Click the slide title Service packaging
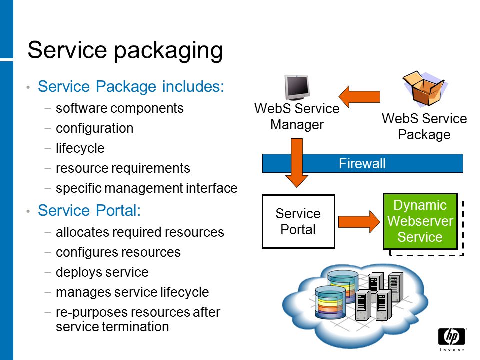click(x=125, y=50)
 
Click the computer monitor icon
click(x=297, y=88)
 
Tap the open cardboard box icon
click(x=424, y=88)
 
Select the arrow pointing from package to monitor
click(x=359, y=97)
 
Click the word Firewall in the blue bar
click(x=362, y=164)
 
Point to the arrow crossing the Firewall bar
click(x=296, y=163)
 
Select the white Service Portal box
click(x=298, y=221)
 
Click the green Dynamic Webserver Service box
click(x=420, y=221)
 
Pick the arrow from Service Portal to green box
click(x=359, y=222)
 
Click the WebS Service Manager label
click(x=297, y=116)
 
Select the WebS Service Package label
click(x=424, y=126)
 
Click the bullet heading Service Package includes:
click(x=131, y=86)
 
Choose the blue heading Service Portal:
click(x=89, y=210)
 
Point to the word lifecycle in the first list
click(x=80, y=148)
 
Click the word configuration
click(x=94, y=128)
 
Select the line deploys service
click(x=102, y=272)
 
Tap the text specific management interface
click(x=146, y=188)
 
